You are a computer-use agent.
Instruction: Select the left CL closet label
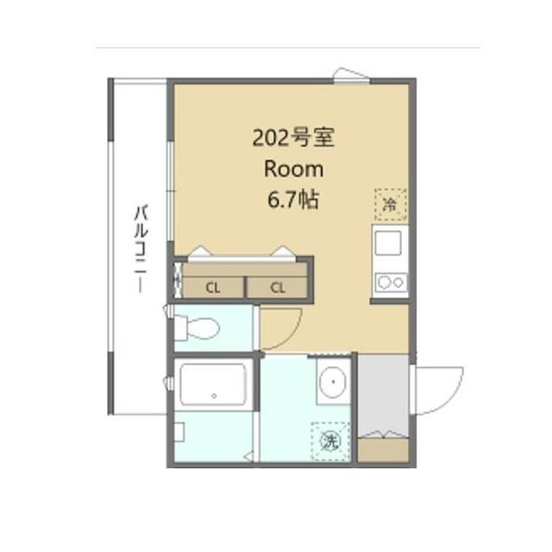click(x=212, y=288)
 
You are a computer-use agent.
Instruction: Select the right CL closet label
click(x=278, y=288)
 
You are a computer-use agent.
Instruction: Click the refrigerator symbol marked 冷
click(x=389, y=204)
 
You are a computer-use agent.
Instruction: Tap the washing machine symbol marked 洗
click(x=329, y=441)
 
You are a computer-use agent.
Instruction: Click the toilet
click(x=197, y=329)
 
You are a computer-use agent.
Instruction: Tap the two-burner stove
click(x=390, y=280)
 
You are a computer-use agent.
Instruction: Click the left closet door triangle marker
click(x=198, y=252)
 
